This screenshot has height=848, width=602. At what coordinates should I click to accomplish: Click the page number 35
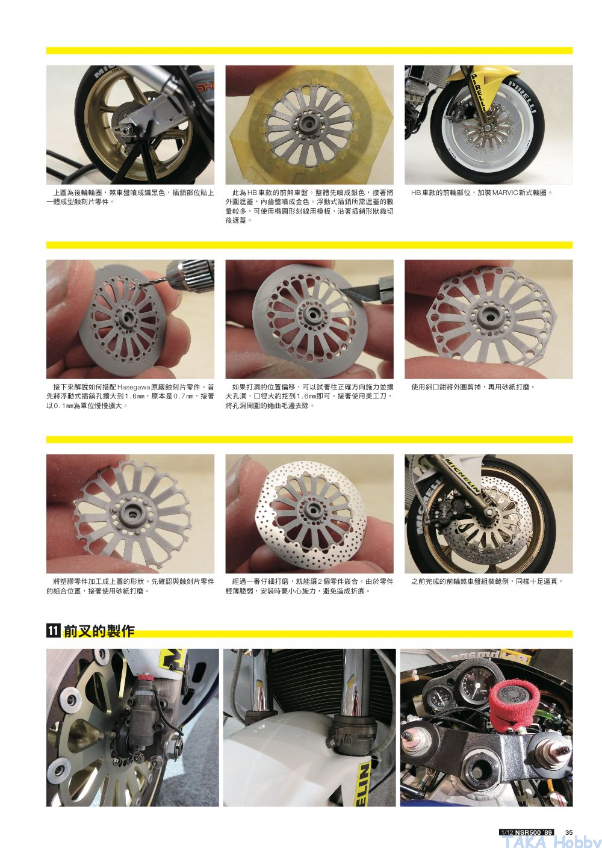tap(569, 832)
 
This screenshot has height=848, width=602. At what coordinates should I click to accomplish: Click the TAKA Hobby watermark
tap(551, 841)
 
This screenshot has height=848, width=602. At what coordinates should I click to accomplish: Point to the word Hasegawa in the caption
tap(134, 387)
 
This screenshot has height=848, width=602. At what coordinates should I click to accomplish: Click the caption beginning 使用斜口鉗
tap(473, 387)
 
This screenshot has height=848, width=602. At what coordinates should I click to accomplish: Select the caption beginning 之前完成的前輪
tap(487, 581)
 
